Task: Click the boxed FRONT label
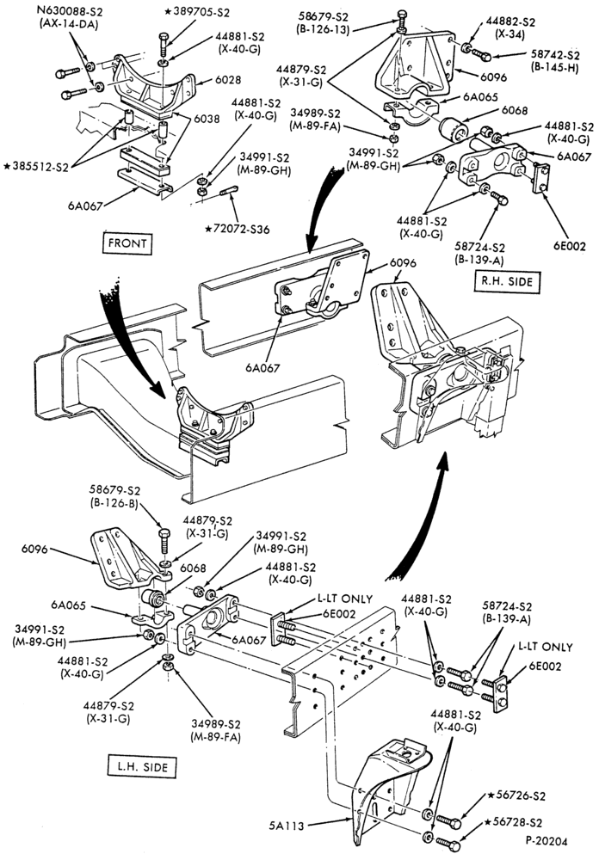pos(127,243)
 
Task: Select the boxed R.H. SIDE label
pos(507,281)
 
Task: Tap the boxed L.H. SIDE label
pos(143,766)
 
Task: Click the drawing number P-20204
pos(547,841)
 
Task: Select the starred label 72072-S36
pos(238,229)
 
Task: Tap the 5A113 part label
pos(287,826)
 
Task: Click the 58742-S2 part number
pos(554,55)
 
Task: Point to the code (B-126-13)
pos(324,29)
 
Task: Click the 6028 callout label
pos(228,80)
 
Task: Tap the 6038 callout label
pos(207,119)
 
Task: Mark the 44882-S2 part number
pos(510,22)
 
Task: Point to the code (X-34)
pos(510,34)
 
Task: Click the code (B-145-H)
pos(554,68)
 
